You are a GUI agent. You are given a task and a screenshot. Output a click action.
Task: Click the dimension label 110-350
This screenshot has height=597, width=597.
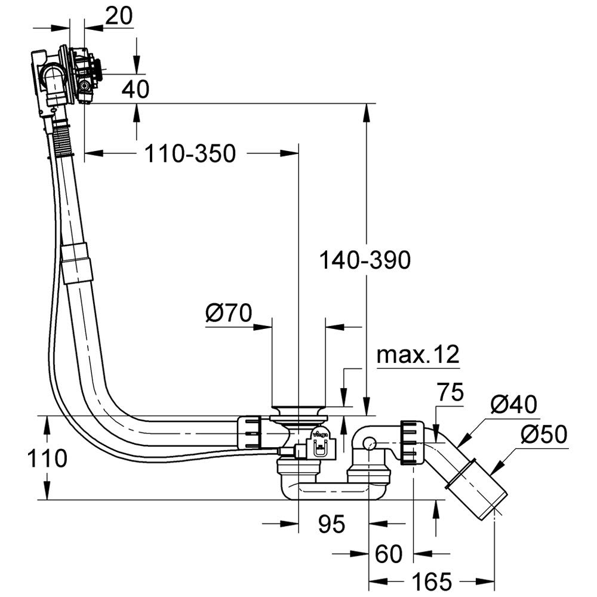(x=190, y=154)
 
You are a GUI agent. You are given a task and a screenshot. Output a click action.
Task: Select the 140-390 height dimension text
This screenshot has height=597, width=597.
(x=365, y=260)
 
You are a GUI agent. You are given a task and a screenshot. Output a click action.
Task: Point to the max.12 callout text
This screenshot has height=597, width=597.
(x=418, y=355)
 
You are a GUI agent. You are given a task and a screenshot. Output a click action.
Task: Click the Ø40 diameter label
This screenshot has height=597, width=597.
(x=514, y=404)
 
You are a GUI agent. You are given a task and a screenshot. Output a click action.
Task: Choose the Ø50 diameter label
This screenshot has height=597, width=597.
(x=543, y=435)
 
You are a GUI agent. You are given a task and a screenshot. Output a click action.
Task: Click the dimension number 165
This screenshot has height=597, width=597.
(x=432, y=581)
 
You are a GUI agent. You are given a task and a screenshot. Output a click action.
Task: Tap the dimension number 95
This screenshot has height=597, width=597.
(x=331, y=524)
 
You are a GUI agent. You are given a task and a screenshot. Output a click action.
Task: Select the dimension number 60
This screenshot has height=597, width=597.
(x=389, y=554)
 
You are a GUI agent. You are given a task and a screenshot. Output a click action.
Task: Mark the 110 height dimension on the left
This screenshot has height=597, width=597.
(x=46, y=458)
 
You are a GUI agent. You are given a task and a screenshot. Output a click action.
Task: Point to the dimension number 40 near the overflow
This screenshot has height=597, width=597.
(x=136, y=89)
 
